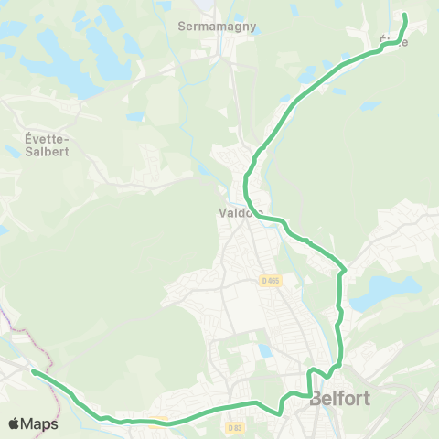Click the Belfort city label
coord(341,399)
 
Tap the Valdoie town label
coord(240,214)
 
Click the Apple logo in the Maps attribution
coord(15,423)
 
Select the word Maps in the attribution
coord(40,423)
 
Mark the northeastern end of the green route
coord(404,15)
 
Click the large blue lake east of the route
coord(384,293)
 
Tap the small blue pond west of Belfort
coord(265,351)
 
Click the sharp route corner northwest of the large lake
coord(343,271)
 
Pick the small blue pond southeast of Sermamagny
coord(203,169)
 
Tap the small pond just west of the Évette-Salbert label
coord(11,151)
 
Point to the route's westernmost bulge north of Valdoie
coord(246,187)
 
